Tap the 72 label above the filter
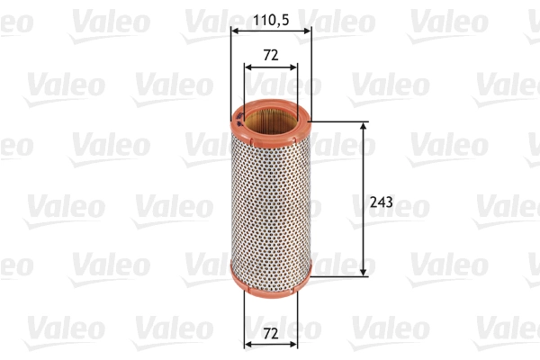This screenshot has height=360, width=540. click(x=270, y=55)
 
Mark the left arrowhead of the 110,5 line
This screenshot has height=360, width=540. click(x=236, y=31)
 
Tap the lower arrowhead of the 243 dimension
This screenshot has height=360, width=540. click(x=363, y=269)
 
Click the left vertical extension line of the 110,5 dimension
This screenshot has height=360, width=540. click(x=231, y=72)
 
